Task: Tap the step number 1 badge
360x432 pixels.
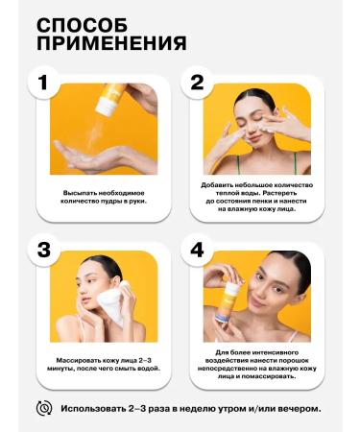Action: (x=43, y=84)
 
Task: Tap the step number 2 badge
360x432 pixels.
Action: (x=197, y=84)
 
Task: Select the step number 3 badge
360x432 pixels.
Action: (x=43, y=252)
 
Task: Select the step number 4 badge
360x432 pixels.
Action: (x=197, y=252)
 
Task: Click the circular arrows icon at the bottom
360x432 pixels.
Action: (x=43, y=408)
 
